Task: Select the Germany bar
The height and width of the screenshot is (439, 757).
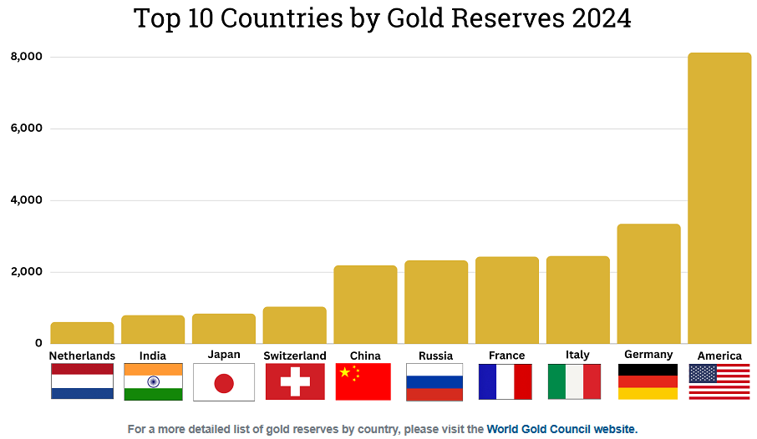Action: pos(648,284)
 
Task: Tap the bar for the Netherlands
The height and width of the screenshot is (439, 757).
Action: pos(82,333)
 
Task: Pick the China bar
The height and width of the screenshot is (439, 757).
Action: pos(365,305)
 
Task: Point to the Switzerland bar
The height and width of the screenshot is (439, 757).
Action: pos(294,325)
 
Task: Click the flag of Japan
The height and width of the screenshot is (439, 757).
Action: pos(224,382)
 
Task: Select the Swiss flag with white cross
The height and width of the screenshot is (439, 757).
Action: pos(295,382)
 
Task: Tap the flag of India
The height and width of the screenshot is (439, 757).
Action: pos(153,382)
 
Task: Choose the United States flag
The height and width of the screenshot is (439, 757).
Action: pos(719,382)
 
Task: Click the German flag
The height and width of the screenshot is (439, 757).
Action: pos(648,382)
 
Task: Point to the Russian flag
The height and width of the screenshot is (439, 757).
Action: pos(435,382)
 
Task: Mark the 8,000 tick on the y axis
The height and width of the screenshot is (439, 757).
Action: pos(26,57)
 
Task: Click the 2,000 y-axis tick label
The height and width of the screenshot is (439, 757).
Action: pos(26,272)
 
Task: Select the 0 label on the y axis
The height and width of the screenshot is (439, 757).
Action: pos(38,343)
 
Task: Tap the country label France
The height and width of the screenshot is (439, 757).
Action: pos(506,356)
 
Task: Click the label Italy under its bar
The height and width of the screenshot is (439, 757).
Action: pos(577,355)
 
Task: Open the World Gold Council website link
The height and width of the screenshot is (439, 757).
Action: pos(561,429)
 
